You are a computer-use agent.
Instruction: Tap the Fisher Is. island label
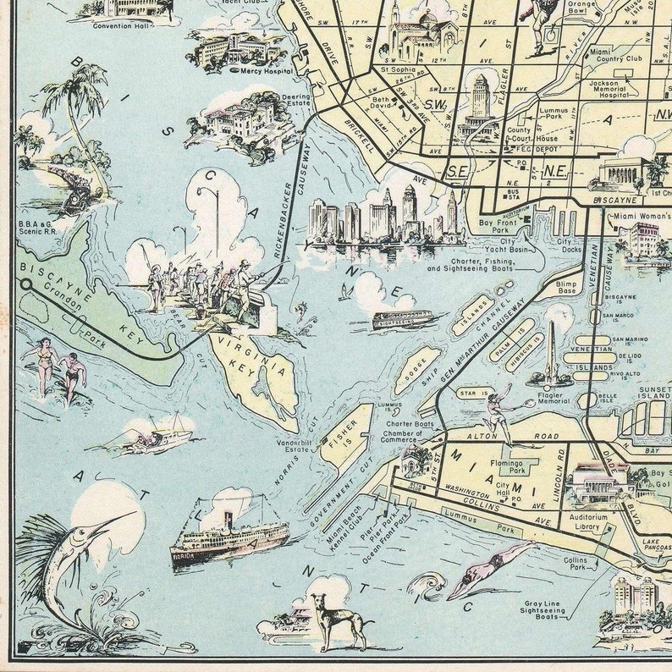click(346, 432)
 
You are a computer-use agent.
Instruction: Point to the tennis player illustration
click(500, 413)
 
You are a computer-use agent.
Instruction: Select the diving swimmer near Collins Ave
click(487, 568)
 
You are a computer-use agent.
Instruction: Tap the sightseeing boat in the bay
click(401, 320)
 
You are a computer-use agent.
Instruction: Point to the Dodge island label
click(416, 371)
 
